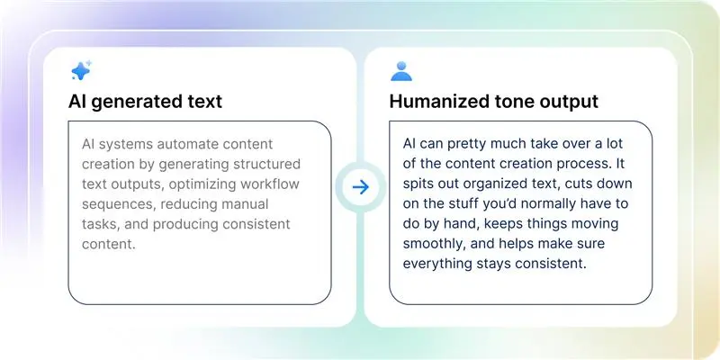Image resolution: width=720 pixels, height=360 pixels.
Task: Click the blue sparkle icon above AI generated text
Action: point(80,71)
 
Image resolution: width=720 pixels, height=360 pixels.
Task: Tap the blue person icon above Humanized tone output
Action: point(400,71)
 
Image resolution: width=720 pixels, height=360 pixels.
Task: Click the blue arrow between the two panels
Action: point(360,187)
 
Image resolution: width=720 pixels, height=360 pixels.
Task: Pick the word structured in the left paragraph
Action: point(264,165)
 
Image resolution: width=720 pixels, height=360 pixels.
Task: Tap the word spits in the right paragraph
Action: point(420,184)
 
